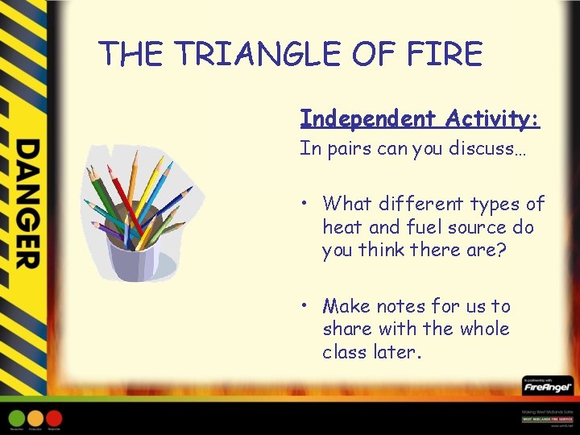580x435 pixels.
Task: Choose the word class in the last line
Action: tap(345, 352)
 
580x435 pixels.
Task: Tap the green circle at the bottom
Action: tap(17, 418)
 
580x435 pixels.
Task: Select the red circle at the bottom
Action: tap(54, 418)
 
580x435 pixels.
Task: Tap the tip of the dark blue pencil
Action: tap(192, 188)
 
